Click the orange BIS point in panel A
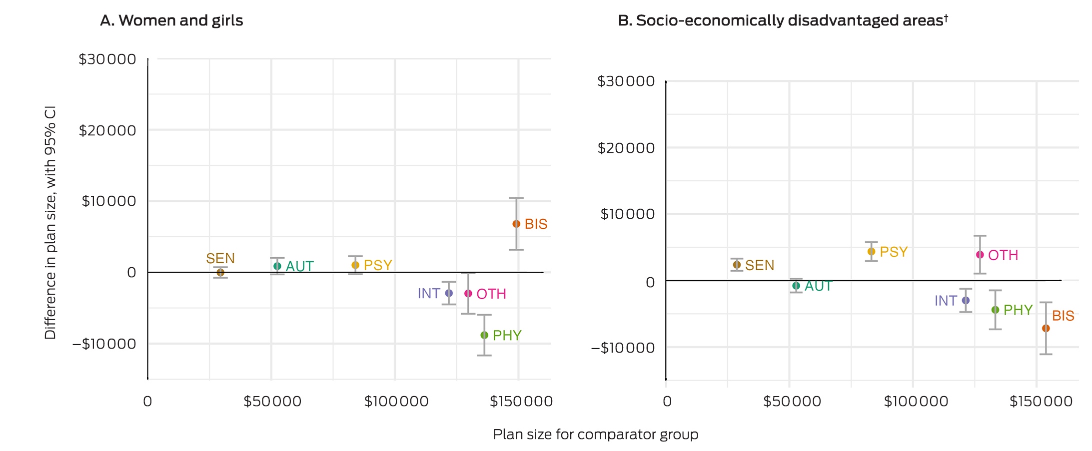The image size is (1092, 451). [x=516, y=224]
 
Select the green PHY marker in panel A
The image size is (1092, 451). [x=484, y=335]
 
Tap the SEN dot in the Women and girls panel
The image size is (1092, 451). [x=220, y=272]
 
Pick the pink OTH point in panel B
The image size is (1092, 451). [x=980, y=255]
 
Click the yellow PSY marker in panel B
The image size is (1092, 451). [x=872, y=251]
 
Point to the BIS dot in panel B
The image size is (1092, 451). [x=1046, y=328]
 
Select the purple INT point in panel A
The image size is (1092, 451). [x=449, y=293]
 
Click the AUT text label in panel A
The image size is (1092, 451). [x=300, y=266]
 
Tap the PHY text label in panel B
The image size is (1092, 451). [x=1018, y=310]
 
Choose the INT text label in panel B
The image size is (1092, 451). [x=946, y=301]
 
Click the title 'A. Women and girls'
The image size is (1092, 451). [x=171, y=20]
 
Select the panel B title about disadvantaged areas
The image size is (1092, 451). [x=783, y=20]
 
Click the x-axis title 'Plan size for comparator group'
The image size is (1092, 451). [x=596, y=434]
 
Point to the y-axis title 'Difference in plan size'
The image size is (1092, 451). [x=50, y=223]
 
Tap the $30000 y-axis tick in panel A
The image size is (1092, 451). [x=107, y=59]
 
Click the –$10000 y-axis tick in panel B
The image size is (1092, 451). [x=623, y=348]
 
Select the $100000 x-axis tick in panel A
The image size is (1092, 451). [x=396, y=401]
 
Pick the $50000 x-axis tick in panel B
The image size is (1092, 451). [x=792, y=401]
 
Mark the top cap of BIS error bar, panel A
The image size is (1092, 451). [x=516, y=198]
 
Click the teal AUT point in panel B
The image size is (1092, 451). [x=796, y=286]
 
